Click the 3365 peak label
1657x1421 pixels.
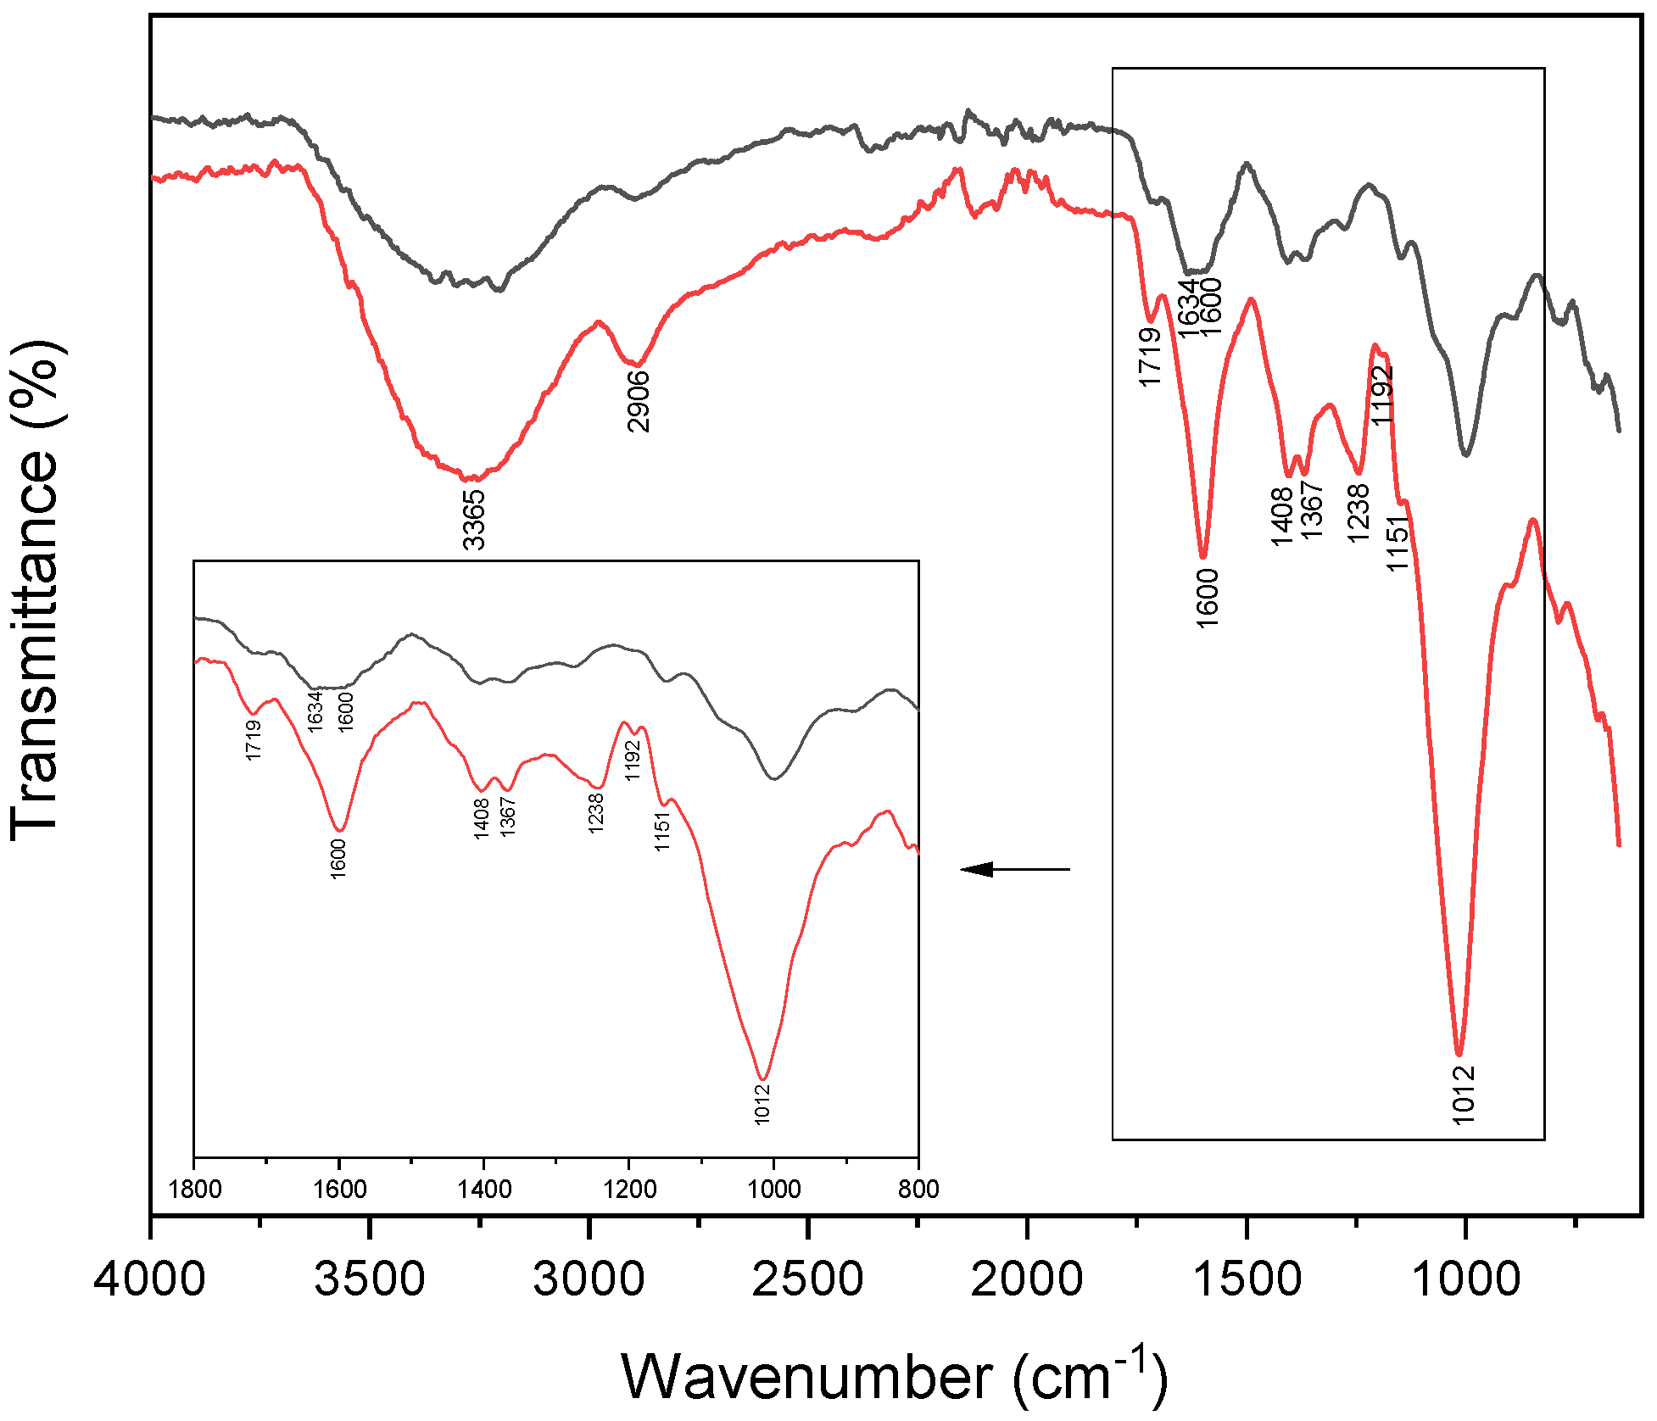click(x=473, y=519)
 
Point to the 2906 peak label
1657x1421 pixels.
click(x=638, y=401)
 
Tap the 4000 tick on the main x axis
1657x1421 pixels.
click(x=150, y=1279)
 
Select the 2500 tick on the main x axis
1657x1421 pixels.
click(x=807, y=1279)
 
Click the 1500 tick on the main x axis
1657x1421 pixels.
click(x=1247, y=1279)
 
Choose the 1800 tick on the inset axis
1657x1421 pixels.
click(x=195, y=1189)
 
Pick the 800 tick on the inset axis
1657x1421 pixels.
click(x=918, y=1189)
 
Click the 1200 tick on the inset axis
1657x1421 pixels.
click(x=628, y=1189)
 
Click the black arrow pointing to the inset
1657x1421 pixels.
click(x=1014, y=869)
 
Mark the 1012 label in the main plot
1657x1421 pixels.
click(x=1464, y=1095)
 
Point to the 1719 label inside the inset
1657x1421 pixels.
click(x=253, y=739)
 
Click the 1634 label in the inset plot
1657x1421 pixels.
click(x=315, y=710)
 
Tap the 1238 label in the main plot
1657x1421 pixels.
click(x=1358, y=513)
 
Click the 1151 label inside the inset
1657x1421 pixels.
click(x=662, y=830)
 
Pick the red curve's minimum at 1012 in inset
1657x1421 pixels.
click(x=764, y=1078)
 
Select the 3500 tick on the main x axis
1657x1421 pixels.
click(x=369, y=1279)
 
